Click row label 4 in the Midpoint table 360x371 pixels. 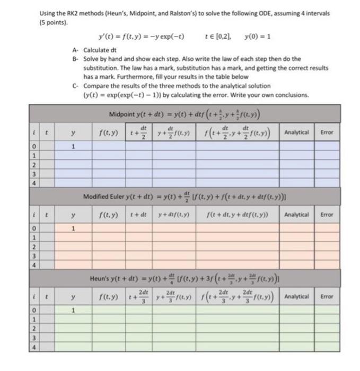33,183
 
